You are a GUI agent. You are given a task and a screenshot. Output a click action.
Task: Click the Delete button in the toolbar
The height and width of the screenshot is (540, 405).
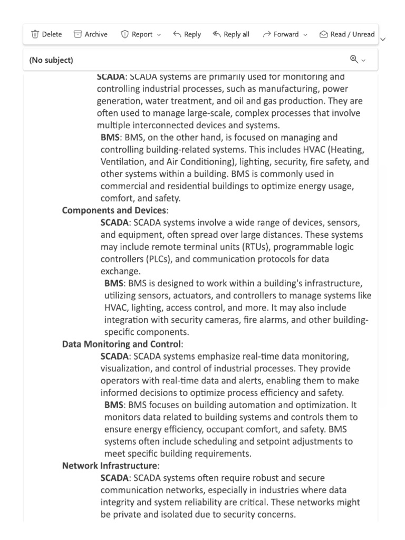point(46,34)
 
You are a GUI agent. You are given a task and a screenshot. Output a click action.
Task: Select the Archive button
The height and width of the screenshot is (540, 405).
point(90,34)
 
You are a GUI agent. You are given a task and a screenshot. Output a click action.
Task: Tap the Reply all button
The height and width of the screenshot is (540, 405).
point(230,34)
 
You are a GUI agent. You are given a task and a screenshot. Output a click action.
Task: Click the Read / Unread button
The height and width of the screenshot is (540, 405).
point(347,34)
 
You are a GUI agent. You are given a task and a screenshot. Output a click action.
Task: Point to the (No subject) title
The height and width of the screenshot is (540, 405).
point(51,60)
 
